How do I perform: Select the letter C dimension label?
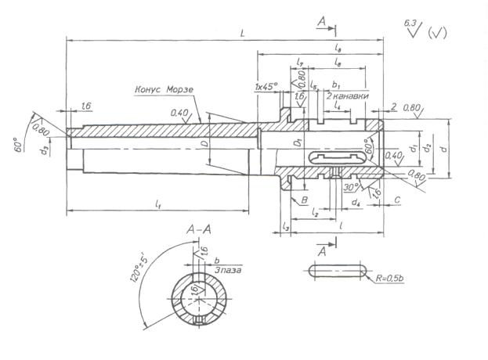(x=397, y=200)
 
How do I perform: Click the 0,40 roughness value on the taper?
(x=179, y=113)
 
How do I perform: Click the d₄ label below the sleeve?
(x=356, y=203)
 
